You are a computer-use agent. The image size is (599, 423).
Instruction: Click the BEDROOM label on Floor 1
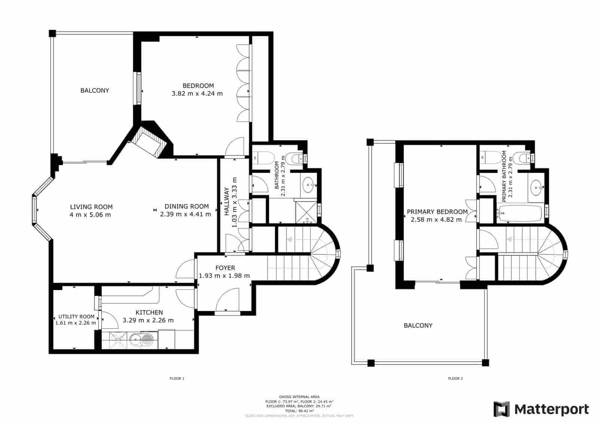coord(198,86)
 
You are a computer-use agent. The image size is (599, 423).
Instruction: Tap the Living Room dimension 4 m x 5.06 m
coord(90,215)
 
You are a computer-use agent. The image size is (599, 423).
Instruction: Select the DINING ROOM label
coord(186,206)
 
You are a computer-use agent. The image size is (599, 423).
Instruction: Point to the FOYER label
coord(225,268)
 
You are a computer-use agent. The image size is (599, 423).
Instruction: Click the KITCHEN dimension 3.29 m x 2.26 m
coord(148,320)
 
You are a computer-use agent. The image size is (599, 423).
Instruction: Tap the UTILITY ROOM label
coord(76,317)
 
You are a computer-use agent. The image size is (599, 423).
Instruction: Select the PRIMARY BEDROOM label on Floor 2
coord(437,211)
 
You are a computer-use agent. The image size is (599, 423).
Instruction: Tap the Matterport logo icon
coord(502,409)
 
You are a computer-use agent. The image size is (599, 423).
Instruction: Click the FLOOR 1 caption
coord(177,379)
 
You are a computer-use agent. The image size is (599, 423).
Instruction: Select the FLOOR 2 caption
coord(456,379)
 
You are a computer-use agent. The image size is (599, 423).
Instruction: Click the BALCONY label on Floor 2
coord(418,325)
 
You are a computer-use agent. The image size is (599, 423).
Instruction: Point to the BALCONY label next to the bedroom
coord(95,90)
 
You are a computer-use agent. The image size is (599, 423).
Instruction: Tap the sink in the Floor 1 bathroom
coord(309,184)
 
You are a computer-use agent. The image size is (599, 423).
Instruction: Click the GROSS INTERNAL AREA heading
coord(299,396)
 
